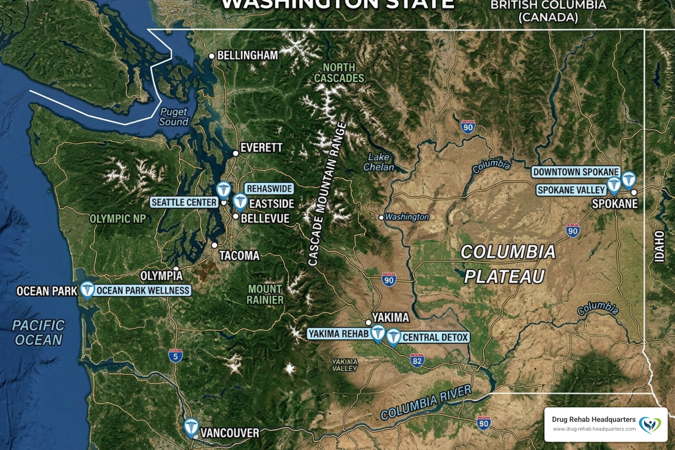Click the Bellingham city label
click(247, 55)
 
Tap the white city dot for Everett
click(236, 153)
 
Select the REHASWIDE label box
click(269, 189)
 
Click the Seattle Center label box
click(184, 202)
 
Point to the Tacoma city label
click(239, 255)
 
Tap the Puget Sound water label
click(174, 117)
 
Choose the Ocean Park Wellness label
click(143, 290)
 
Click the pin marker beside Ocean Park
click(87, 290)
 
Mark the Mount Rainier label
click(265, 294)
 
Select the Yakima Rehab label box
click(338, 334)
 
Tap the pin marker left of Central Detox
click(393, 337)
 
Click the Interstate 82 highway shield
click(417, 361)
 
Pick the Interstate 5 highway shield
click(175, 356)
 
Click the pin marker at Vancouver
click(191, 427)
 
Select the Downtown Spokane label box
click(576, 172)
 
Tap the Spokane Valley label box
click(571, 190)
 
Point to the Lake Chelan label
click(378, 162)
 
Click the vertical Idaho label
click(659, 246)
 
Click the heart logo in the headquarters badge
click(650, 425)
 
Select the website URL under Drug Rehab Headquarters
click(594, 429)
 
